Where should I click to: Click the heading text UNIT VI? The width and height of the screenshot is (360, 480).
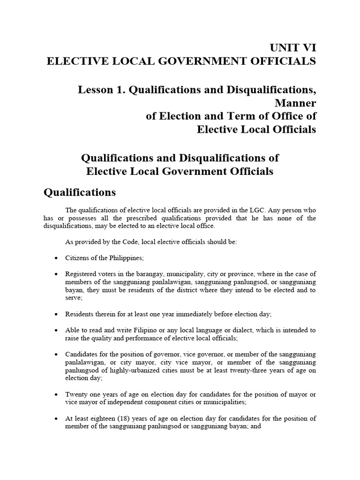[292, 48]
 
